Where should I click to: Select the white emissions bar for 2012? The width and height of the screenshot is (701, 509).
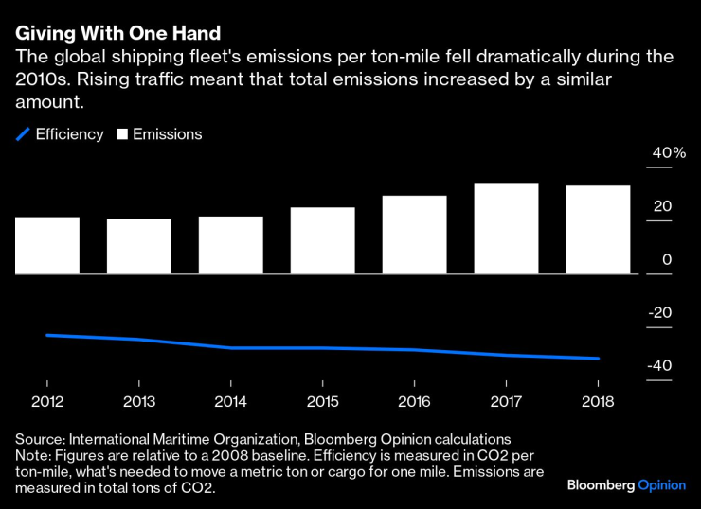pos(47,246)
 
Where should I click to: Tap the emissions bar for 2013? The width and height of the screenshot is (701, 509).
pos(139,247)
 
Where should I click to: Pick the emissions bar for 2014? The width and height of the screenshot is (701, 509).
pos(231,245)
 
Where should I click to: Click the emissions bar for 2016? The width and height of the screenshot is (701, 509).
pos(414,235)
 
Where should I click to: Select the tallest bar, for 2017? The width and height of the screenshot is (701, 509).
pos(506,228)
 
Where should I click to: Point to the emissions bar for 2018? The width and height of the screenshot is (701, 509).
pos(598,230)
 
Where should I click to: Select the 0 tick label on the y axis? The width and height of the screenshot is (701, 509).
pos(667,260)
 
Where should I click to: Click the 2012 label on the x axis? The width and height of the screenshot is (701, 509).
pos(47,401)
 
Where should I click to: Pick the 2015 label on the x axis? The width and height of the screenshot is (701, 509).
pos(323,401)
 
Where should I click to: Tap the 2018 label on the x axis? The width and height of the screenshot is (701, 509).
pos(598,401)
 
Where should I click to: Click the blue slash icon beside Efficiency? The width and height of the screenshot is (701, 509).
pos(22,134)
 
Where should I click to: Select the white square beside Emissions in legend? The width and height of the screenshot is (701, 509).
pos(121,134)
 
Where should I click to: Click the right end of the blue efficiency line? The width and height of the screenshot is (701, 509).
pos(599,359)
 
